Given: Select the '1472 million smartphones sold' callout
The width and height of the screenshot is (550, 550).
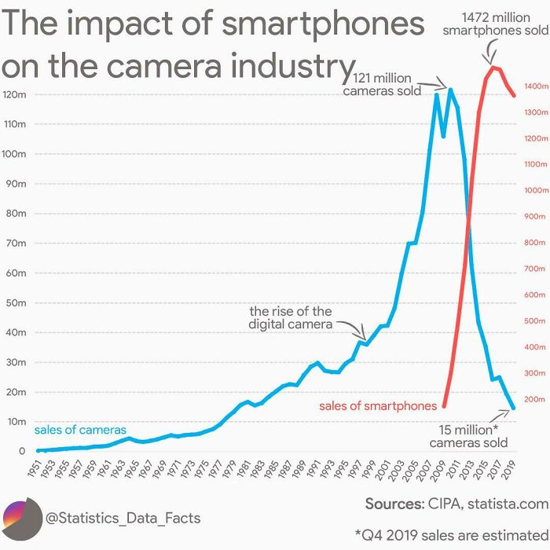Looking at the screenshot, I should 495,24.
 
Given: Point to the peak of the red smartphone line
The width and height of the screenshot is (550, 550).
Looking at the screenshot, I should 493,68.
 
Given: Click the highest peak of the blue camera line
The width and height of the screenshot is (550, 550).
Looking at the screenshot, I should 450,90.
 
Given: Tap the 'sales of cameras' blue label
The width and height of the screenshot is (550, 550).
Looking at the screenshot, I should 79,430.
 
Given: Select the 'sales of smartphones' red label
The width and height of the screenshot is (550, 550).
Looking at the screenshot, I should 377,406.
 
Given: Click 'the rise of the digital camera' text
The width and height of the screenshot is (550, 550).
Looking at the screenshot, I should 290,318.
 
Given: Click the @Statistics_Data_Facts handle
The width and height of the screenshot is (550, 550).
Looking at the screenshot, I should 123,518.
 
